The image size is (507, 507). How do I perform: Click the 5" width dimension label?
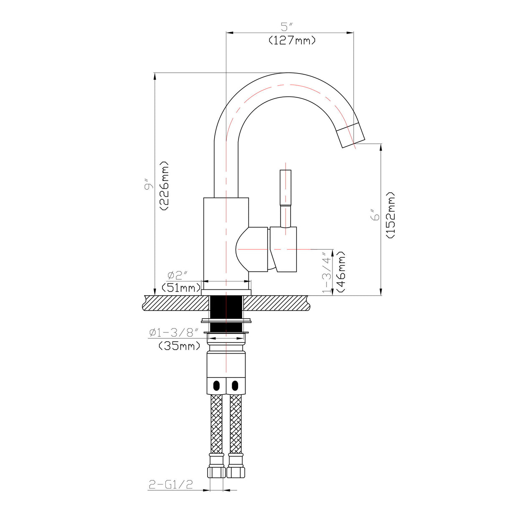point(286,27)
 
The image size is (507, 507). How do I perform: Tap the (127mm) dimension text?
point(292,41)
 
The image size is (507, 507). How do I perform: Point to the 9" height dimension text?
point(148,185)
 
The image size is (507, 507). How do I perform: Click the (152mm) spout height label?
point(390,215)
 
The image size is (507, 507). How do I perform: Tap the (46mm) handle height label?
point(341,272)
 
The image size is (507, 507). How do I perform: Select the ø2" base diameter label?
point(177,275)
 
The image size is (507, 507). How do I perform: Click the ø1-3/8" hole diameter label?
point(174,333)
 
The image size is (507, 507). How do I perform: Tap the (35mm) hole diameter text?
point(179,346)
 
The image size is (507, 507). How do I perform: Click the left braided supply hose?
point(217,424)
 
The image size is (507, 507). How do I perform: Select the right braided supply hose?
point(236,424)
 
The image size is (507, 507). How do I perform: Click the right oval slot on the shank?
point(235,384)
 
